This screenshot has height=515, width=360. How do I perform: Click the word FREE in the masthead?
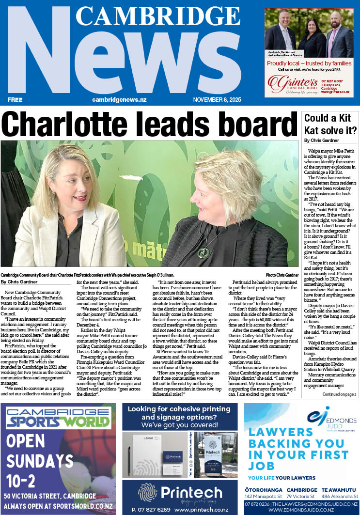click(x=15, y=99)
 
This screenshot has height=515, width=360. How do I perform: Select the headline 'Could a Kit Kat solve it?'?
click(x=330, y=124)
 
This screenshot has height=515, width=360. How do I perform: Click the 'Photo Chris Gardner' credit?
click(x=282, y=275)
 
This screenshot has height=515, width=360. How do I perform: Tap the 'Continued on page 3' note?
click(x=340, y=394)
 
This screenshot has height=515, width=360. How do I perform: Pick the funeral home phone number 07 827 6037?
click(x=331, y=81)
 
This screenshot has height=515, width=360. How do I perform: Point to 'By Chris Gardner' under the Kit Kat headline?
click(x=321, y=140)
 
